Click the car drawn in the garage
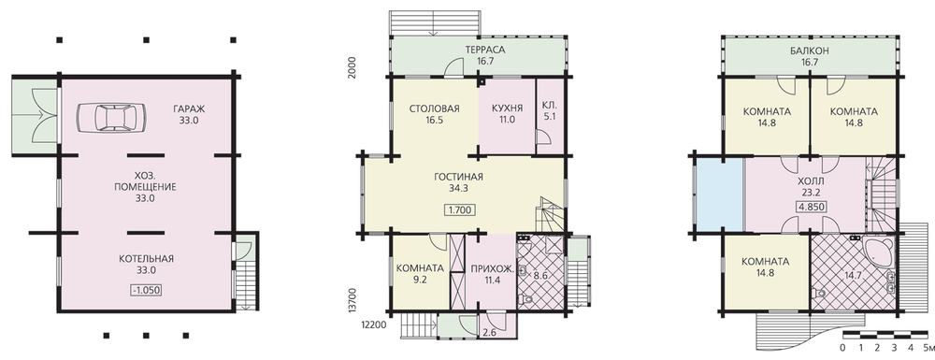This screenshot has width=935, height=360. click(111, 118)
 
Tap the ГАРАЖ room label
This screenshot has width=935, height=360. click(189, 109)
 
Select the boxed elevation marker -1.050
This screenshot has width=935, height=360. click(146, 290)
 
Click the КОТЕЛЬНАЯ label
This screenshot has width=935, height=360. click(146, 259)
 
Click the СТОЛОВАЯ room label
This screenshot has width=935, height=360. click(435, 108)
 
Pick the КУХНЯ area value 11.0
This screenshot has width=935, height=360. click(507, 120)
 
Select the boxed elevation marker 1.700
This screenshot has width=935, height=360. click(458, 209)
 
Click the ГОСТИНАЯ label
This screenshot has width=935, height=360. click(458, 177)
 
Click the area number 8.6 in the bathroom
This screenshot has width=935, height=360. click(539, 276)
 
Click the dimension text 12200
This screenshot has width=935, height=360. click(374, 325)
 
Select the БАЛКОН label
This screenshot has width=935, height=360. click(809, 50)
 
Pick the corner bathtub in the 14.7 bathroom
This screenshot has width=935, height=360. click(879, 252)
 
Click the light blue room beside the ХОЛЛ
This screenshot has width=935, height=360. click(720, 194)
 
